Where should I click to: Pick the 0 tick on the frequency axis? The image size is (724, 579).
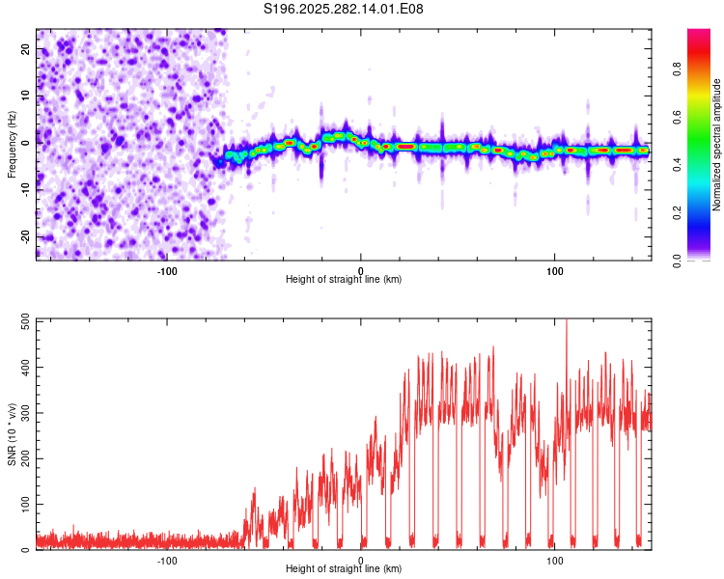(x=27, y=144)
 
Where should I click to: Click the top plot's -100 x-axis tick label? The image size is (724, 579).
(x=167, y=270)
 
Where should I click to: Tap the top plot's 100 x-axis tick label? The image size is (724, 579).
(x=555, y=270)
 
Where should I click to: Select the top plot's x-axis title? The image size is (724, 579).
(x=344, y=280)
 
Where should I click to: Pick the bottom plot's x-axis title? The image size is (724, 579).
(x=344, y=569)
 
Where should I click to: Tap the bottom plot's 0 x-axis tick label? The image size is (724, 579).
(x=361, y=560)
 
